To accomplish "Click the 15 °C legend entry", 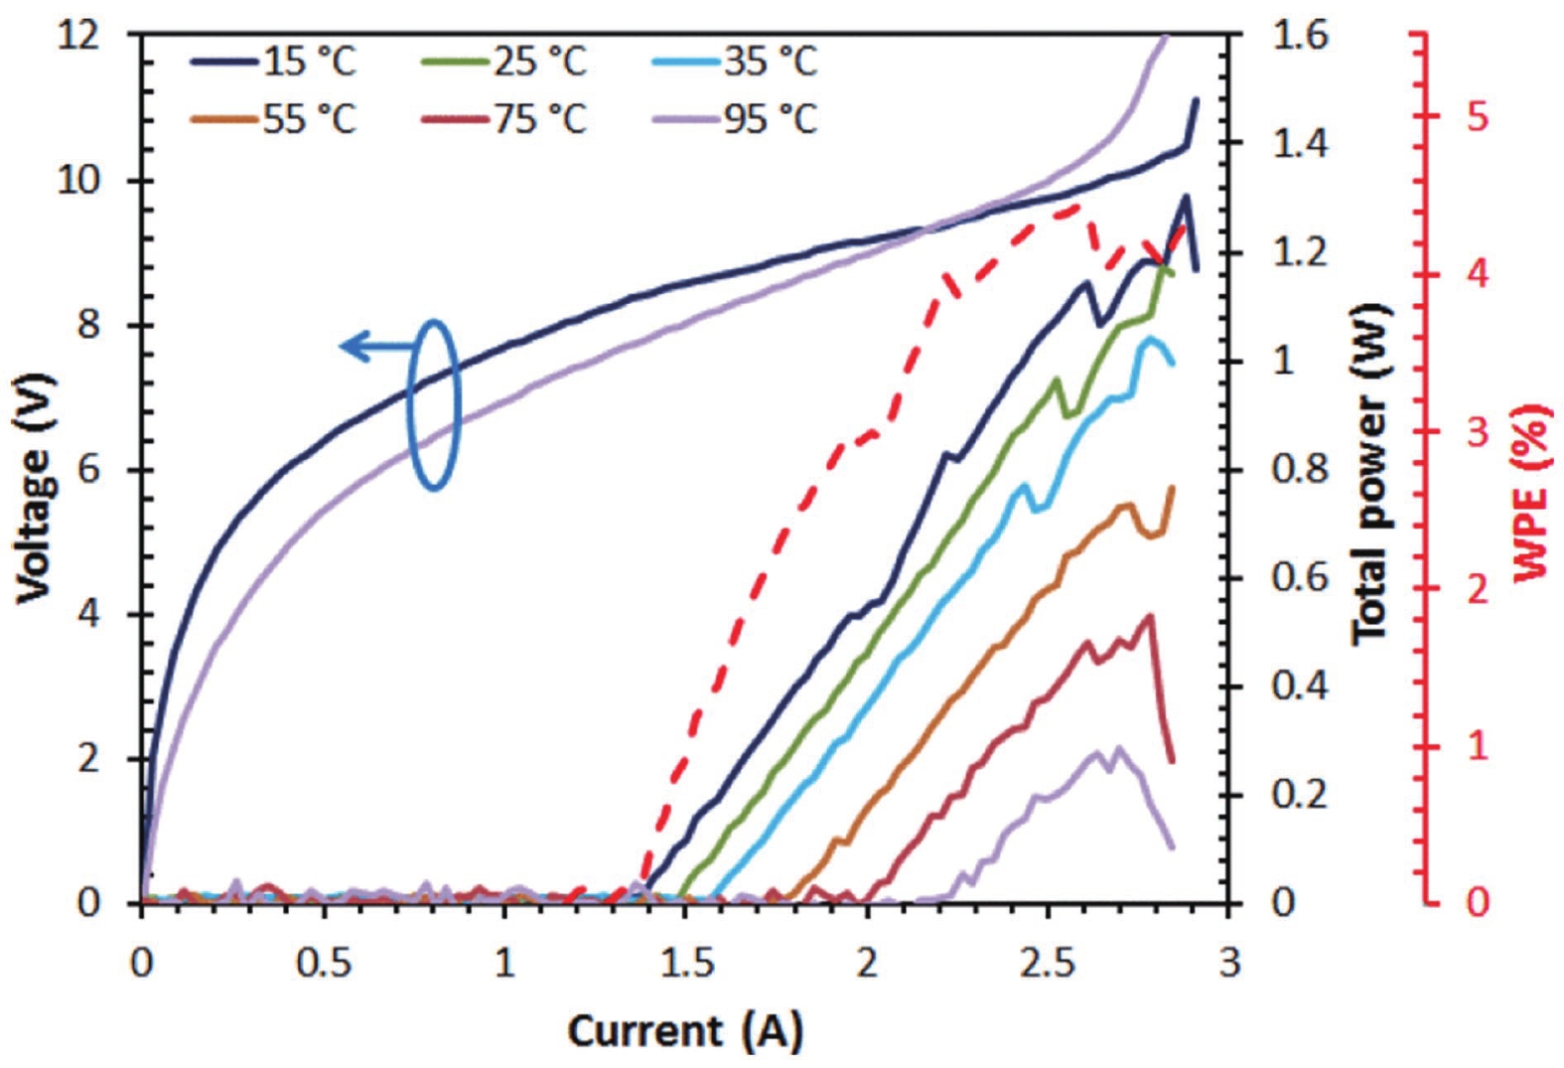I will (273, 63).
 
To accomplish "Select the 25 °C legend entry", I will (505, 63).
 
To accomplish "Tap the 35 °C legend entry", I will (735, 63).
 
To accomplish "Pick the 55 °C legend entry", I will (273, 120).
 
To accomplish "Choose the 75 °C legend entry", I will (505, 120).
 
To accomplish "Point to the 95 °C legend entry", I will (735, 120).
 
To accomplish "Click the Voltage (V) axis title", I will (33, 487).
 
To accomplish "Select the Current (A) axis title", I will (684, 1031).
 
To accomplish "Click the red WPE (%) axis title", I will (1532, 492).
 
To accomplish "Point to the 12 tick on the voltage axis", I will (79, 37).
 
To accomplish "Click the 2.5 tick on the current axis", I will (1049, 962).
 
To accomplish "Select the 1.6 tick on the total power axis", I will (1300, 37).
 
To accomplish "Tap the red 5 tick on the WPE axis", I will (1478, 117).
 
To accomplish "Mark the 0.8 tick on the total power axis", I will (1300, 470).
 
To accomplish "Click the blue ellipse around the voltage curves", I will (435, 404).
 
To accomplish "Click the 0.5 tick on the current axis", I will (324, 962).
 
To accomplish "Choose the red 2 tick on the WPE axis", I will (1478, 588).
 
